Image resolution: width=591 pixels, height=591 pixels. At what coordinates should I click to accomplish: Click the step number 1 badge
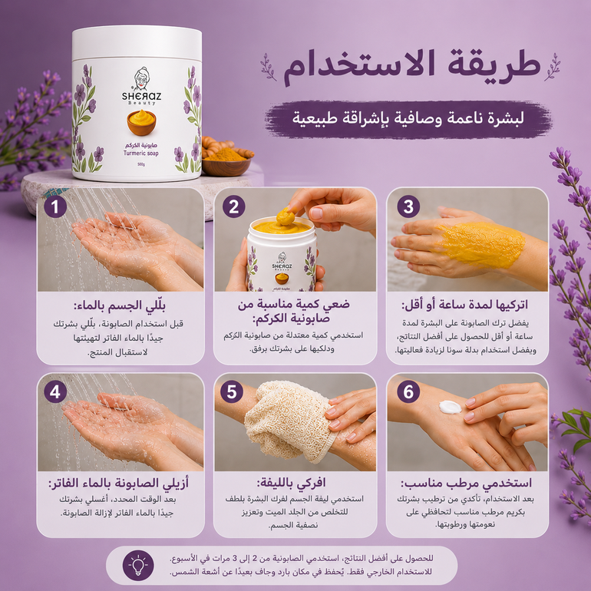click(x=55, y=206)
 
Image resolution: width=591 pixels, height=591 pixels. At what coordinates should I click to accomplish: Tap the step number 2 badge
click(x=233, y=206)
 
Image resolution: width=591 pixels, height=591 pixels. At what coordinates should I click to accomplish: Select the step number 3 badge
click(x=408, y=206)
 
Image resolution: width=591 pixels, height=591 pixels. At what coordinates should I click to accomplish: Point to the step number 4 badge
click(x=55, y=391)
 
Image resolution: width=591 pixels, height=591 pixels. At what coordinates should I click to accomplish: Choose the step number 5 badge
click(x=232, y=391)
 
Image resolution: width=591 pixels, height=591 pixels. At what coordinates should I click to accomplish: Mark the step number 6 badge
click(x=408, y=391)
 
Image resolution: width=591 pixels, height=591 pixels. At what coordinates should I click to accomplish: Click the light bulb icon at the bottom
click(x=138, y=565)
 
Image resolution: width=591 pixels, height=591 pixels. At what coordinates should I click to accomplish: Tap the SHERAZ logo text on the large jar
click(x=141, y=97)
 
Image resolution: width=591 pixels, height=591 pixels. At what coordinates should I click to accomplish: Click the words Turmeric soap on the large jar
click(x=141, y=153)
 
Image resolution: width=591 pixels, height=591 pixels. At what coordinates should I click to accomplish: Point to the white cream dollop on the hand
click(x=450, y=407)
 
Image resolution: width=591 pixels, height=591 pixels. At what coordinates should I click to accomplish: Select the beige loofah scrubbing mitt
click(x=289, y=421)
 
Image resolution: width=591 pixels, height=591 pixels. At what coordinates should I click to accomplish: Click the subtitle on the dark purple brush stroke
click(x=408, y=118)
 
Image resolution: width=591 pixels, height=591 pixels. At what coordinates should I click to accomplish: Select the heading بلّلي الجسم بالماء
click(x=120, y=305)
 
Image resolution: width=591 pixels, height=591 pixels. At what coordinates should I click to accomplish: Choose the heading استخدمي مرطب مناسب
click(x=466, y=483)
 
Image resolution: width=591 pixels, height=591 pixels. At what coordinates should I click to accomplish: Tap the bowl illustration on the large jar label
click(x=141, y=123)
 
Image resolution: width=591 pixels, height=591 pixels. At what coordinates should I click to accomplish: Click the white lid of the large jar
click(x=137, y=42)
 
